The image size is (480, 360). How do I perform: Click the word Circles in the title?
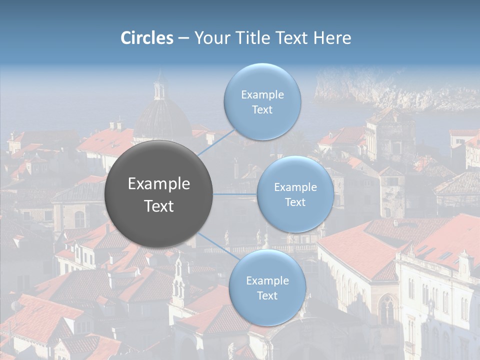[147, 38]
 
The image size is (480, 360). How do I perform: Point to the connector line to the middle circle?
[235, 194]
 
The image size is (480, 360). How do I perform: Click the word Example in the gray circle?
[159, 184]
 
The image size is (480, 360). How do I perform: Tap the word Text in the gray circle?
[159, 206]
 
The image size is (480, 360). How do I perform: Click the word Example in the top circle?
[262, 95]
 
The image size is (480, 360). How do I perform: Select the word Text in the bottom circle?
[267, 295]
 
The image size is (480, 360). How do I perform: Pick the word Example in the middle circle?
[295, 187]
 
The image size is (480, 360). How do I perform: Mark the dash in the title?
[183, 38]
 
